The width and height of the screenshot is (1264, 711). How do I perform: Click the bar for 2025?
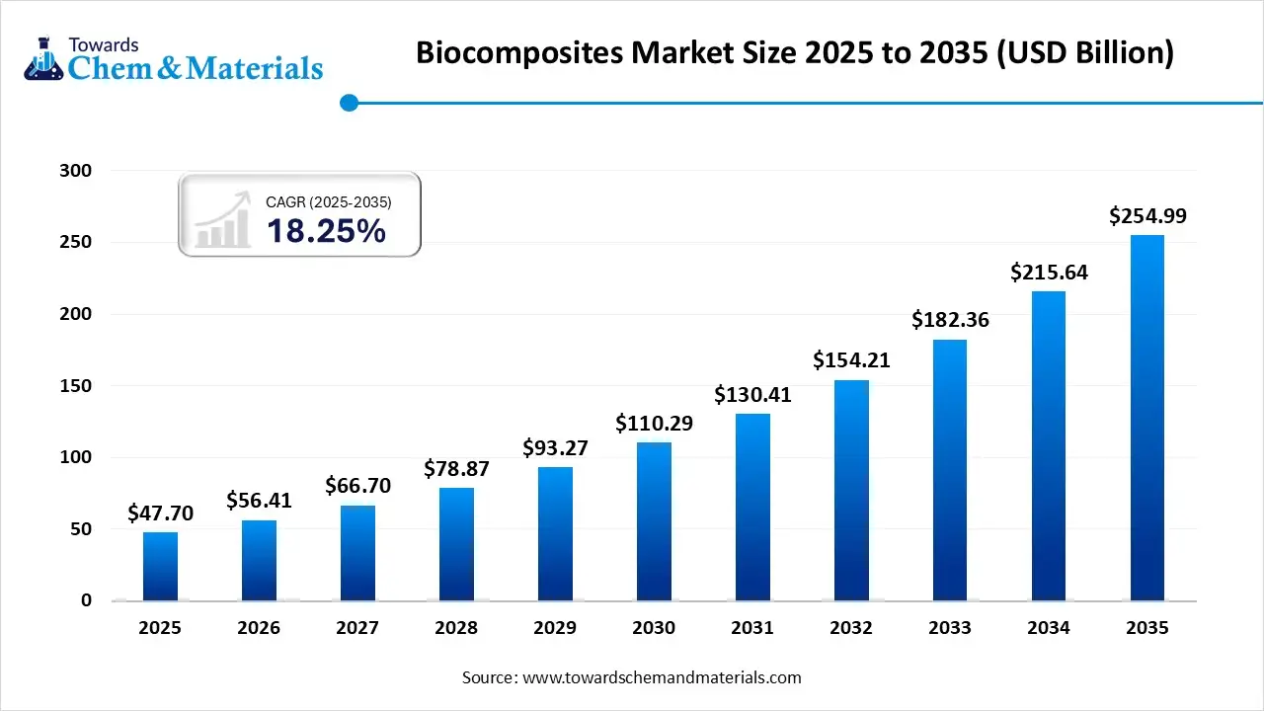click(x=160, y=566)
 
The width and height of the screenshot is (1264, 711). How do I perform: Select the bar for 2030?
click(x=654, y=521)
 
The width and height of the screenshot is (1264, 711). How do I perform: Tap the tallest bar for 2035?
click(x=1147, y=417)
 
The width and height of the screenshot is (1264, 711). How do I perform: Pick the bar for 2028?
click(x=456, y=544)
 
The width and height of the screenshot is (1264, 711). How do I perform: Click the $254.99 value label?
click(x=1147, y=215)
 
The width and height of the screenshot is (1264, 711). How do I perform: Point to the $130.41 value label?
click(x=752, y=395)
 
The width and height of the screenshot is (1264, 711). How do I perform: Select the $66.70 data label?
click(x=357, y=486)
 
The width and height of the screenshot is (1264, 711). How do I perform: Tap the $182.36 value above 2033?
click(x=950, y=320)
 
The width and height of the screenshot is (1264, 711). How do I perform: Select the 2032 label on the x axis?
click(x=851, y=628)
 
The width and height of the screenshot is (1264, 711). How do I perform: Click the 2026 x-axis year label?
click(x=259, y=628)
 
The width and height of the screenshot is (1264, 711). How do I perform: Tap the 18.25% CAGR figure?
click(x=326, y=231)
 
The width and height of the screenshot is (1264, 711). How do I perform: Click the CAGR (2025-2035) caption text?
click(x=329, y=202)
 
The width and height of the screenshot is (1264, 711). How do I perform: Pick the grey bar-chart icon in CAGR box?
click(x=222, y=223)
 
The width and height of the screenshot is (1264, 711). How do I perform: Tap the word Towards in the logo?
click(x=103, y=44)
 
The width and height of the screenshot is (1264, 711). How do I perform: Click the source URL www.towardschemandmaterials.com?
click(x=662, y=677)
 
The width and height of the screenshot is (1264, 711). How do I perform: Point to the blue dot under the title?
click(x=348, y=102)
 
